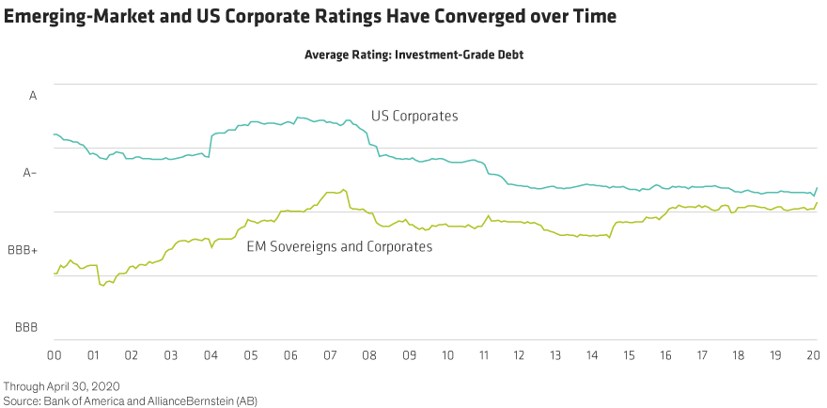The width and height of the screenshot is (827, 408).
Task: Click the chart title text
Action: coord(309,18)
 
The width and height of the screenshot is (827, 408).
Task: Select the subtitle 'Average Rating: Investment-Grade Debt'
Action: coord(413,55)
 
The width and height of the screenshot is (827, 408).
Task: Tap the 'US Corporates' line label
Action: coord(414,118)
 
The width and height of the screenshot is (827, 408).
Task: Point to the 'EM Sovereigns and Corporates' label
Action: coord(338,247)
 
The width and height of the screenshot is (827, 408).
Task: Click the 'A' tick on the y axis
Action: coord(33,95)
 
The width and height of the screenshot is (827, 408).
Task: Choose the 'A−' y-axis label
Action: coord(30,173)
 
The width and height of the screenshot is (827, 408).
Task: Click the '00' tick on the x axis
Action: coord(54,357)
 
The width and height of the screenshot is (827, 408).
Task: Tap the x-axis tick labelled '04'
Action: coord(211,357)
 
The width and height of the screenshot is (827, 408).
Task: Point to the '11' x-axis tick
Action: coord(484,357)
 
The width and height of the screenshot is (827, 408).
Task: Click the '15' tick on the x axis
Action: coord(641,357)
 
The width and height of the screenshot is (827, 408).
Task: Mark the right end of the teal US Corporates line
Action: coord(817,188)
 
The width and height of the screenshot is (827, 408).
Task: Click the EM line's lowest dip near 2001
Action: coord(101,283)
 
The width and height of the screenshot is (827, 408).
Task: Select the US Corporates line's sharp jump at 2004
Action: coord(210,141)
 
